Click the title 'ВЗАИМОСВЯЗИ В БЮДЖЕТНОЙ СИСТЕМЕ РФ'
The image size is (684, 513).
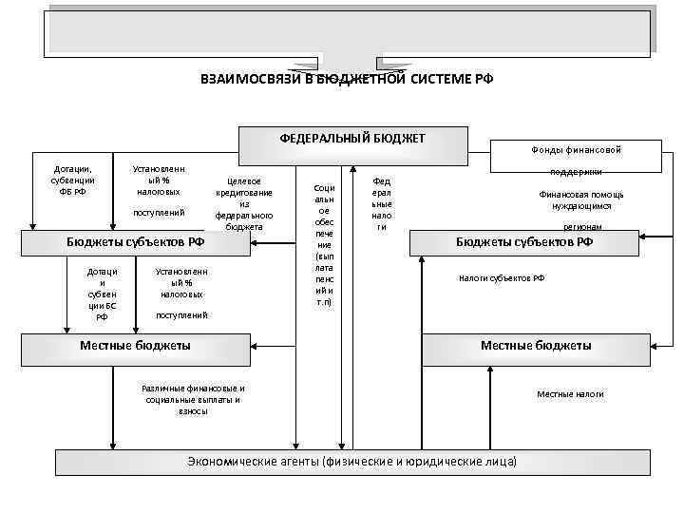point(347,79)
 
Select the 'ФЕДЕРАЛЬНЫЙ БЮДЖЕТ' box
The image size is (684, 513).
point(352,140)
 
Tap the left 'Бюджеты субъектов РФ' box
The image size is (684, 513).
point(135,242)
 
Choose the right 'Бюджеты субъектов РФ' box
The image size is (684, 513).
point(524,242)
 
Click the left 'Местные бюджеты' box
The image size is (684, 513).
point(135,346)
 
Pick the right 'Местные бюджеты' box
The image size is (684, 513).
point(536,346)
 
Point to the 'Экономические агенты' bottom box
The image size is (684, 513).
point(352,462)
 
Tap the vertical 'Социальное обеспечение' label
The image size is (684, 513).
point(324,244)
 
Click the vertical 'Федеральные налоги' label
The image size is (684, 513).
point(382,203)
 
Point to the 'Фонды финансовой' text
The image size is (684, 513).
point(576,149)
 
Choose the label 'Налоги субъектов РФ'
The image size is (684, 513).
point(502,278)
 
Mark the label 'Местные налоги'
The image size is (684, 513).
point(570,394)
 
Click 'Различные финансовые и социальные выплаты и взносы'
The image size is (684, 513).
point(193,399)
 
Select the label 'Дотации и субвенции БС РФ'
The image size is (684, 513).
point(103,294)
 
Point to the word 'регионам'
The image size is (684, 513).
point(582,227)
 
